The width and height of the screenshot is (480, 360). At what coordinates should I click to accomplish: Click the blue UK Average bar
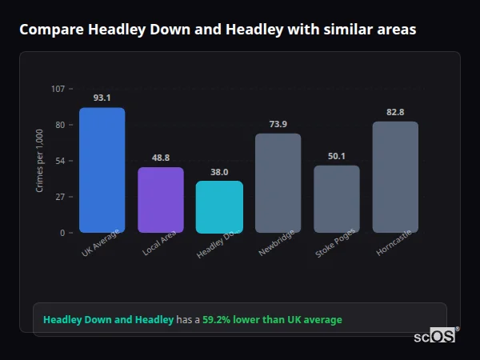102,170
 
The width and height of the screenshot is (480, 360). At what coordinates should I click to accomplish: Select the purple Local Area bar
161,200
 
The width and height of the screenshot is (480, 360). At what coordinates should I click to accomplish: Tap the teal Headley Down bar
219,207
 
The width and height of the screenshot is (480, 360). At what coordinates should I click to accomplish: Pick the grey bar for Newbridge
278,183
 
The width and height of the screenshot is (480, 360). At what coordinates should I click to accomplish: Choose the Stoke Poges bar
337,199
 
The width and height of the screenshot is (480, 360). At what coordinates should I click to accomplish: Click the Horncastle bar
395,177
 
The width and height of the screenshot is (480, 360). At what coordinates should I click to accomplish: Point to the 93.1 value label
102,98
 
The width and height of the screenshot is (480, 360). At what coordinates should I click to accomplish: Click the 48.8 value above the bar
161,158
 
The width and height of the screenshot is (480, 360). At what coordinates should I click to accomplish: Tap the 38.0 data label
219,172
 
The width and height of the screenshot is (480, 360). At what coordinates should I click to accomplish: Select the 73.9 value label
278,124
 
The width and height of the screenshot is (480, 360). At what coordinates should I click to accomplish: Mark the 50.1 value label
337,156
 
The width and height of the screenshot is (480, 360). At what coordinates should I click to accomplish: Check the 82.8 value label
395,112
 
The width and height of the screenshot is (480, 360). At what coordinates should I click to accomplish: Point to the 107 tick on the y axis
58,89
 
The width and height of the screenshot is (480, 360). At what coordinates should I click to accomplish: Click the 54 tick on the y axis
60,161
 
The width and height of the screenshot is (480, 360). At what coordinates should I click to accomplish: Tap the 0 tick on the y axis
62,233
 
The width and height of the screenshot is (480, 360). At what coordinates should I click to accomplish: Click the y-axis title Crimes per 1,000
40,161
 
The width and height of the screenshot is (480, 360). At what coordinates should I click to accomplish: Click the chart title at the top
218,30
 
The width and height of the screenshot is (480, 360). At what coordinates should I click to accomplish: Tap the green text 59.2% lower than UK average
272,320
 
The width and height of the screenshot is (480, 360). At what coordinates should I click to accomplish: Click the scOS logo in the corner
434,337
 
